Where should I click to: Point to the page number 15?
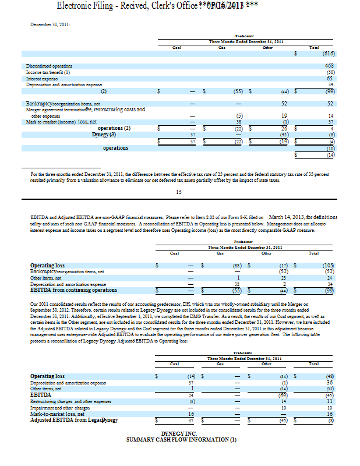tap(179, 191)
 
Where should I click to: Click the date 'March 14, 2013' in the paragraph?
tap(292, 217)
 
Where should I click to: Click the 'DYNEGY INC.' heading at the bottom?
tap(179, 434)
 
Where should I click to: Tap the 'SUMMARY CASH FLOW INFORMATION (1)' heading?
tap(179, 440)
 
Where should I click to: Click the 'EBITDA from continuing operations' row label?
tap(73, 290)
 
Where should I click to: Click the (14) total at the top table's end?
tap(330, 155)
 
